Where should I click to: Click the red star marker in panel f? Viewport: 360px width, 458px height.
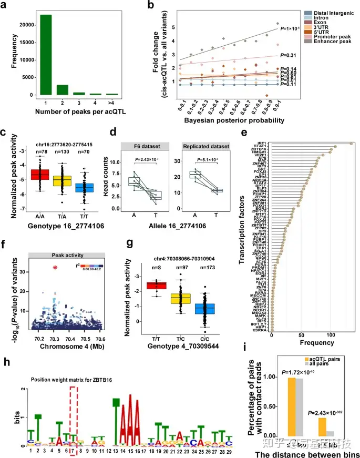click(55, 268)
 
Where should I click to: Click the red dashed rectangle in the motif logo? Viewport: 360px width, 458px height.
click(74, 415)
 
